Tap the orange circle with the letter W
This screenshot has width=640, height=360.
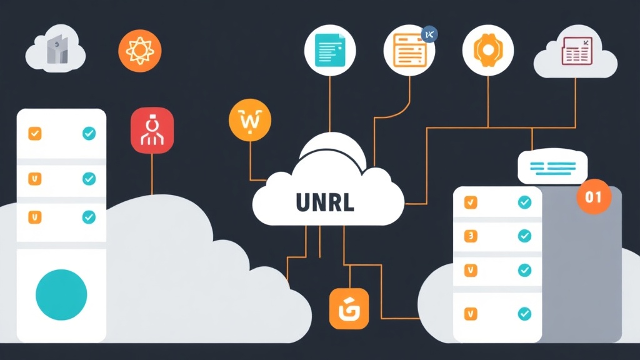pyautogui.click(x=249, y=118)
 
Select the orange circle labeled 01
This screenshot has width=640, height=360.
pyautogui.click(x=593, y=197)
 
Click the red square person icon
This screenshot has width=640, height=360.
pyautogui.click(x=152, y=130)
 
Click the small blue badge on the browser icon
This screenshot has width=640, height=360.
pyautogui.click(x=429, y=33)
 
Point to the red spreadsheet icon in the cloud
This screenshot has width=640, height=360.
pyautogui.click(x=576, y=51)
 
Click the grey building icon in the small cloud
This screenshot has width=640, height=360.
pyautogui.click(x=56, y=51)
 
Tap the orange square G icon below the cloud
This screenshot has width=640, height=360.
pyautogui.click(x=349, y=309)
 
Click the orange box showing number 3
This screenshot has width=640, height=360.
pyautogui.click(x=471, y=236)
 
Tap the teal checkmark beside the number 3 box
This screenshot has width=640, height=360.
pyautogui.click(x=524, y=236)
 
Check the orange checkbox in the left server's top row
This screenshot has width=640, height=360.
pyautogui.click(x=35, y=133)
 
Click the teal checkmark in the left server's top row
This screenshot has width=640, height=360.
pyautogui.click(x=89, y=133)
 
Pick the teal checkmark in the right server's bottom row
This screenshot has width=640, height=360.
pyautogui.click(x=524, y=312)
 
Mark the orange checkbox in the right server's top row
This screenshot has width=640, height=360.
pyautogui.click(x=471, y=202)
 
